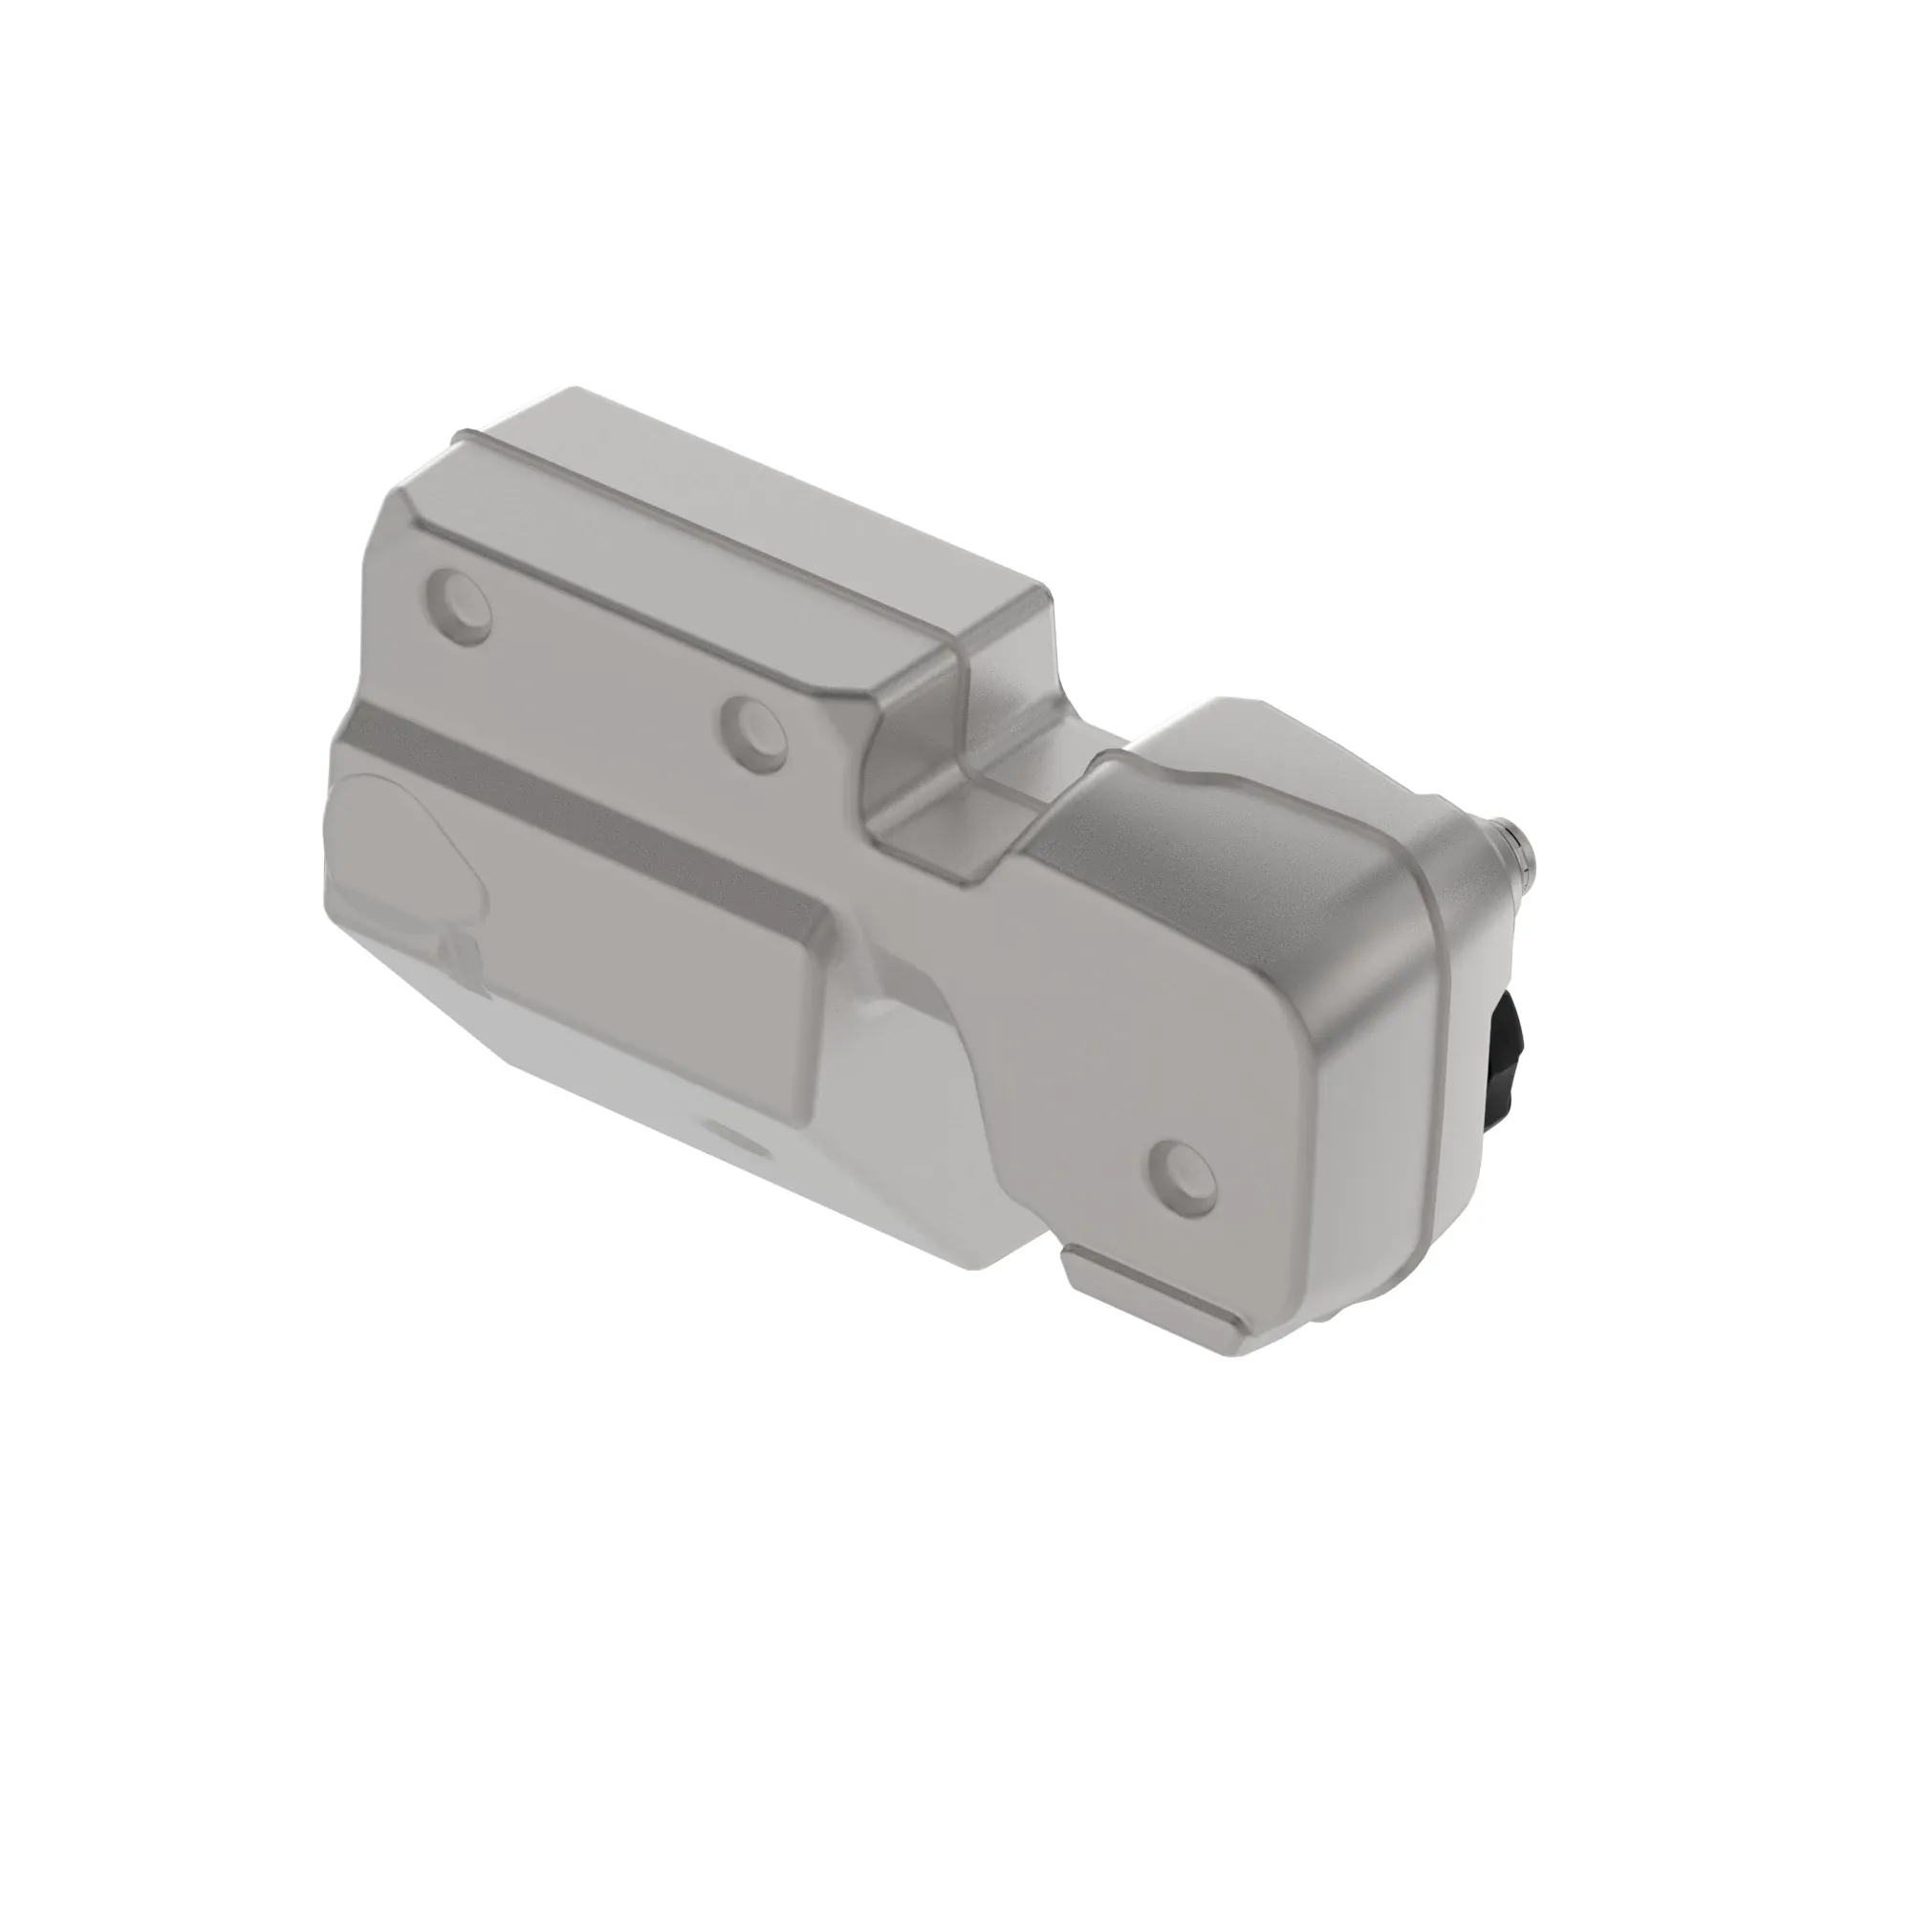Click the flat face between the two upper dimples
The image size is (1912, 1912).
[x=603, y=663]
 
